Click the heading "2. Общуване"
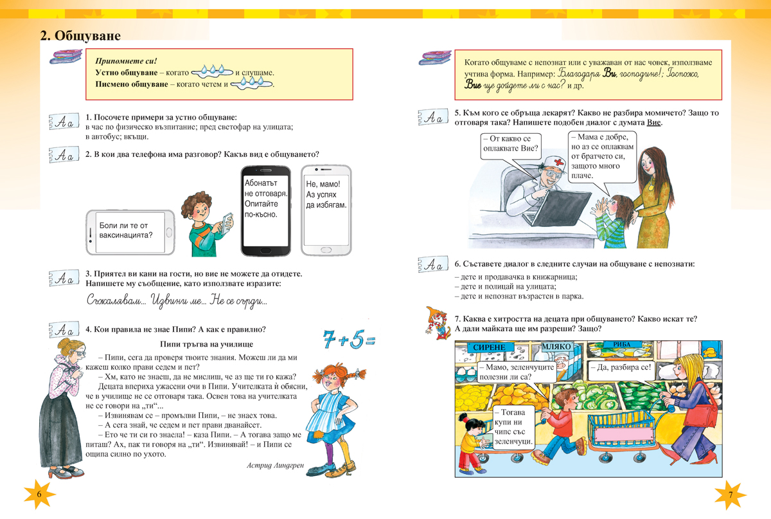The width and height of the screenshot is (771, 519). click(80, 36)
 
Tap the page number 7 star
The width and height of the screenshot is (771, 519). click(731, 494)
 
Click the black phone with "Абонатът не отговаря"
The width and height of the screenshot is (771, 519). click(265, 210)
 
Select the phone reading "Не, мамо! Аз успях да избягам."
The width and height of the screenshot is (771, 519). click(326, 210)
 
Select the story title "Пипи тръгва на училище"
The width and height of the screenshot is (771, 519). click(207, 345)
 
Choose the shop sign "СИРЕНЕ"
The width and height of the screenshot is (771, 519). click(493, 347)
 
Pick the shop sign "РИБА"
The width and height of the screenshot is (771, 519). click(622, 345)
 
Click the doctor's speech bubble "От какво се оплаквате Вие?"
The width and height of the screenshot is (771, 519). click(511, 147)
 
